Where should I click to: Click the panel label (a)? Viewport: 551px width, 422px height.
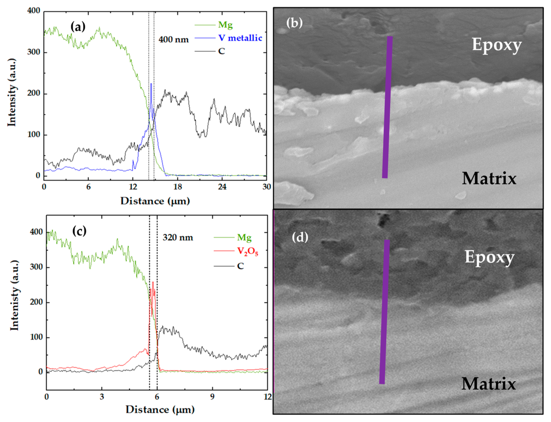point(78,26)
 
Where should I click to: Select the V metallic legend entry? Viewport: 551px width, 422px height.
point(240,38)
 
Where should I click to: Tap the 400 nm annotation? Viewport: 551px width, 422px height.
point(173,40)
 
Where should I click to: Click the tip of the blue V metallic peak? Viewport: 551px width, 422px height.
point(151,84)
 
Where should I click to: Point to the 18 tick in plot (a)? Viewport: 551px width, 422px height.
point(178,187)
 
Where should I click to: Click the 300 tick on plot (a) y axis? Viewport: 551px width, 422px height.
point(34,52)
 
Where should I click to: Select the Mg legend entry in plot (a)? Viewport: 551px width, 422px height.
point(225,25)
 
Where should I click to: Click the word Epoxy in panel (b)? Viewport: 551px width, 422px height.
point(496,45)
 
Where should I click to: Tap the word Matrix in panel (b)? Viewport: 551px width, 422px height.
point(489,179)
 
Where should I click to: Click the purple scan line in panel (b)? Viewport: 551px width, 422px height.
point(387,108)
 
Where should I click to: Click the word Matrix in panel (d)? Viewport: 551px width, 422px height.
point(488,384)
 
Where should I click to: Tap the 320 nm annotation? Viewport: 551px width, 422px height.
point(178,237)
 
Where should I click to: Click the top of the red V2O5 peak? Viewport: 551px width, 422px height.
point(153,282)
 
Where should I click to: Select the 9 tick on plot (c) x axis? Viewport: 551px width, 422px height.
point(213,397)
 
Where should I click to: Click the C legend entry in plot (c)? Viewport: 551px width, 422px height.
point(240,266)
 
